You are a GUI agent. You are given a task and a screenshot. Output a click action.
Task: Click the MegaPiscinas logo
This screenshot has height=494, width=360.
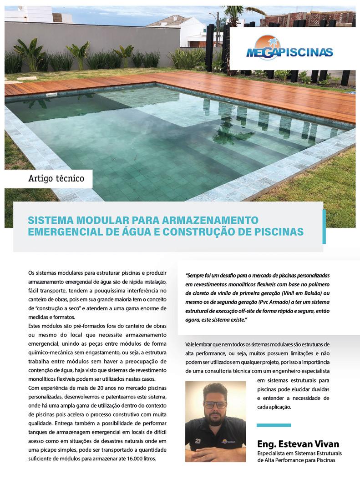pos(289,49)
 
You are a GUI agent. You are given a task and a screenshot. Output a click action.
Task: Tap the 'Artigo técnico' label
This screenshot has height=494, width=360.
pos(56,178)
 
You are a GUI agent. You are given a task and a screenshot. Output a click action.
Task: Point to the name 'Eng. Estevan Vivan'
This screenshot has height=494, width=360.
pos(298,444)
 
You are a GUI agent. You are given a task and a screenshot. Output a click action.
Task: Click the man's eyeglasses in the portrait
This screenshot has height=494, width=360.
pos(215,404)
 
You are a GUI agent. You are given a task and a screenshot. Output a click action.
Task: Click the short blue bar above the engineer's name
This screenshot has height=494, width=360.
pos(274,425)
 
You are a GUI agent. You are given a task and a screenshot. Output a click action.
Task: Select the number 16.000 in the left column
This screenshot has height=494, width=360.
pos(126,459)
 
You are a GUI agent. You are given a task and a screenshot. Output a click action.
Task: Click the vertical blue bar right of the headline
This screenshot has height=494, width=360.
pos(324,227)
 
